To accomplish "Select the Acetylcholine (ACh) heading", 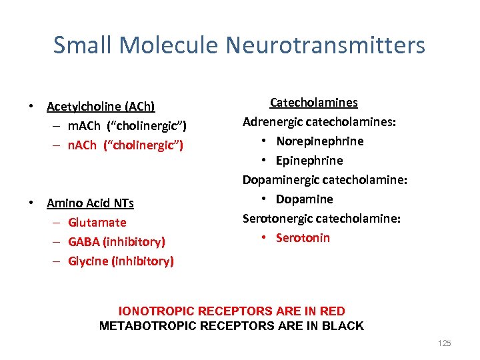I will tap(101, 107).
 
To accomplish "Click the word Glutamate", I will tap(97, 223).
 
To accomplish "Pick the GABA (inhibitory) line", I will tap(117, 242).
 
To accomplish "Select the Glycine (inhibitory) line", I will tap(121, 261).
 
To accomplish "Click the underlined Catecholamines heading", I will tap(313, 103).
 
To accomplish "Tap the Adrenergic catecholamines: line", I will tap(319, 122).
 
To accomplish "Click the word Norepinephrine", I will tap(320, 141).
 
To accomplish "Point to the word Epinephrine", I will tap(309, 161).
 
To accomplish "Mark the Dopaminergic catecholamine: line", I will tap(325, 180).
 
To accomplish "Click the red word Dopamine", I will tap(305, 199).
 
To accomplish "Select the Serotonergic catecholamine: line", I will tap(321, 219).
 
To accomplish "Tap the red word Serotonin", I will tap(303, 238).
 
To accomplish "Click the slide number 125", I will tap(444, 343).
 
